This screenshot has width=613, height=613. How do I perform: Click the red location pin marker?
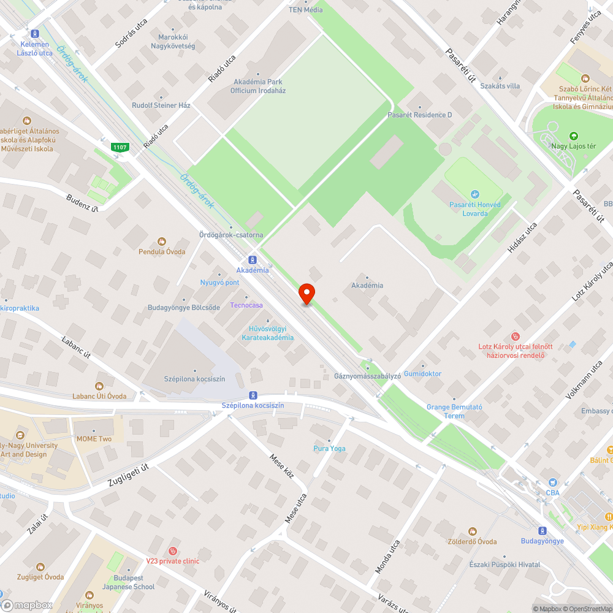pyautogui.click(x=306, y=292)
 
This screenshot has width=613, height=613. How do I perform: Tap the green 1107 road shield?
pyautogui.click(x=119, y=147)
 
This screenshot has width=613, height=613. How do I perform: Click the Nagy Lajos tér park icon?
pyautogui.click(x=573, y=135)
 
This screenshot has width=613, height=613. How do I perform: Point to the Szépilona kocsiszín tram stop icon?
pyautogui.click(x=253, y=395)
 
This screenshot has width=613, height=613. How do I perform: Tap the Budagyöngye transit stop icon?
pyautogui.click(x=542, y=531)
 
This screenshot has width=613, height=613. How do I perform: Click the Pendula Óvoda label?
pyautogui.click(x=162, y=251)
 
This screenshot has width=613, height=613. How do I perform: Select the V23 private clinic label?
pyautogui.click(x=172, y=560)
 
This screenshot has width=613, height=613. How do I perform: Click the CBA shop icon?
pyautogui.click(x=552, y=482)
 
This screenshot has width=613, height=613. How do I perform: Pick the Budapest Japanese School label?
pyautogui.click(x=129, y=582)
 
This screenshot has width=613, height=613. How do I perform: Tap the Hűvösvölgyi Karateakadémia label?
pyautogui.click(x=267, y=333)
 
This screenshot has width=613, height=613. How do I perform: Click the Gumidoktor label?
pyautogui.click(x=422, y=373)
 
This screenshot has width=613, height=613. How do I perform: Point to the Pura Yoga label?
pyautogui.click(x=329, y=448)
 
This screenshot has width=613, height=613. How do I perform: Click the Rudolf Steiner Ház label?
pyautogui.click(x=161, y=105)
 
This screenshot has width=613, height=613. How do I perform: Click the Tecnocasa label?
pyautogui.click(x=246, y=305)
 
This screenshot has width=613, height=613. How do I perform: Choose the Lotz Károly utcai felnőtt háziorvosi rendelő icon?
pyautogui.click(x=516, y=337)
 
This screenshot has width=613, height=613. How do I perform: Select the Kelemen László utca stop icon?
pyautogui.click(x=34, y=34)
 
